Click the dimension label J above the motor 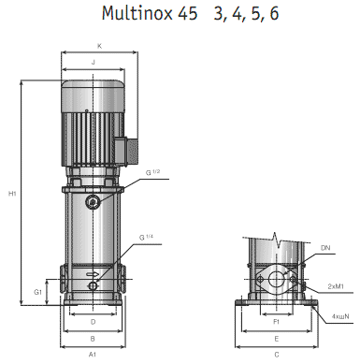click(x=93, y=62)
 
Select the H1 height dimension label click(x=12, y=194)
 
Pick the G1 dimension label click(x=38, y=292)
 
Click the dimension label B click(x=93, y=338)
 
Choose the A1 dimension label click(x=93, y=356)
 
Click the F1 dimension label click(x=277, y=321)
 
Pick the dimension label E click(x=277, y=338)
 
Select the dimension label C click(x=277, y=356)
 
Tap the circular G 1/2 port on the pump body click(x=92, y=203)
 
